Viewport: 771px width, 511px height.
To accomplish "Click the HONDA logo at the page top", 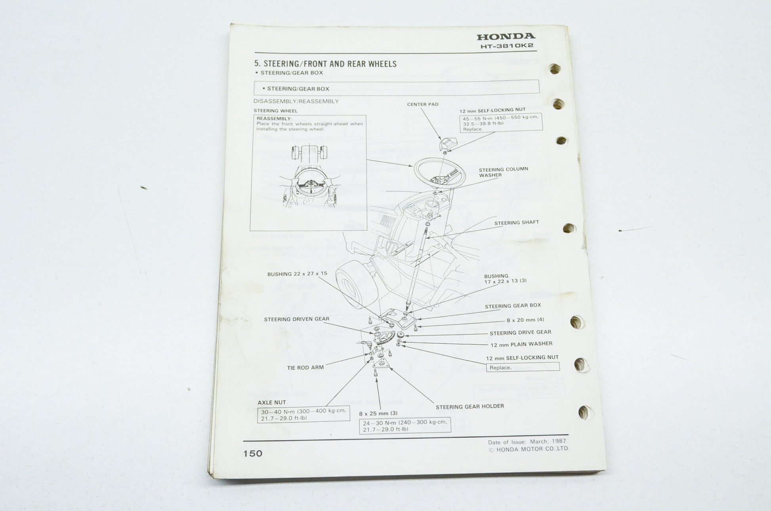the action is tap(506, 36).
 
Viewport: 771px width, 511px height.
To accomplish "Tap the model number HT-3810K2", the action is tap(507, 46).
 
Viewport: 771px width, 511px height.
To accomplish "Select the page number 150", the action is tap(253, 454).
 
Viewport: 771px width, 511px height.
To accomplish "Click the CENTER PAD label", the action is tap(423, 104).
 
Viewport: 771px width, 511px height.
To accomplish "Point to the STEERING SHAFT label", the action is tap(517, 223).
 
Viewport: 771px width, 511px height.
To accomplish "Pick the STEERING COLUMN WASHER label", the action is tap(503, 172).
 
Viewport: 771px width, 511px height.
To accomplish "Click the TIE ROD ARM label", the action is tap(305, 367).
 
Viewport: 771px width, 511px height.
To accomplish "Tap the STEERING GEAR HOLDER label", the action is tap(470, 406).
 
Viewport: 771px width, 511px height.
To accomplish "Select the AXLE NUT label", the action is tap(271, 402).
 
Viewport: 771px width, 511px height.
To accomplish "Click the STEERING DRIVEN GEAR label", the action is tap(296, 319).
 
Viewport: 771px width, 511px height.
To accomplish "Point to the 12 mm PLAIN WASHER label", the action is tap(521, 344).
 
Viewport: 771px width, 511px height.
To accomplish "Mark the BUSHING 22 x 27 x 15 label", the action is tap(297, 274).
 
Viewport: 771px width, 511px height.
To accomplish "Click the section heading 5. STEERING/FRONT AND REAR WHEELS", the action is tap(325, 64).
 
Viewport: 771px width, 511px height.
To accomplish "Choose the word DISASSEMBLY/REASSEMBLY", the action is tap(296, 101).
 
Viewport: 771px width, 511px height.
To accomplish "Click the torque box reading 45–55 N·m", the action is tap(501, 123).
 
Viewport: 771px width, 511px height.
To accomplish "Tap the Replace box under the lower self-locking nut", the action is tap(523, 367).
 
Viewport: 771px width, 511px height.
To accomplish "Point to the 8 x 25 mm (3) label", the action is tap(378, 413).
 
